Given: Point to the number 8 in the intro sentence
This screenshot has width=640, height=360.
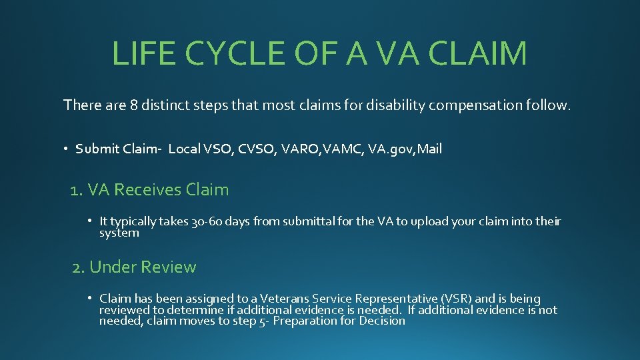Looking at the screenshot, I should coord(135,105).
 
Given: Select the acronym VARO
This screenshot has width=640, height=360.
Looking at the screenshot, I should coord(300,149).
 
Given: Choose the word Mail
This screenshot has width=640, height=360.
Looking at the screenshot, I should coord(428,149).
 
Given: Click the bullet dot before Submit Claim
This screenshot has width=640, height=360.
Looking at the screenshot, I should coord(67,149).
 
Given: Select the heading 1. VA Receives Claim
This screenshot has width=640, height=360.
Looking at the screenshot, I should coord(149,190).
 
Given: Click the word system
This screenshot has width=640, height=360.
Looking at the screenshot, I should coord(119,233).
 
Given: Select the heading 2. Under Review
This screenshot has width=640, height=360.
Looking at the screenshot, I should coord(134,267).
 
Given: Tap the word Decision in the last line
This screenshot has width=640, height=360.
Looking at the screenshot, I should coord(382,321).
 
